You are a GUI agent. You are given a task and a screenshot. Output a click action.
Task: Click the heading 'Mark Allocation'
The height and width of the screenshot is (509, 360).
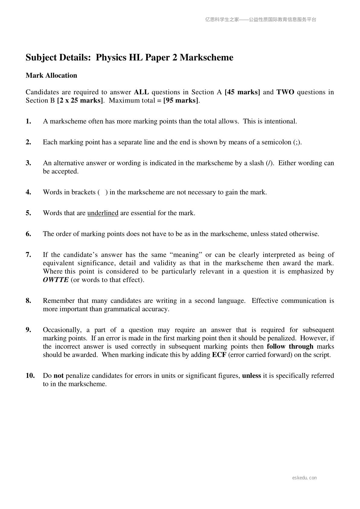51,76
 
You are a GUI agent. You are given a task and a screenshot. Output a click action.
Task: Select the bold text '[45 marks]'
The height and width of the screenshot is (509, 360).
242,92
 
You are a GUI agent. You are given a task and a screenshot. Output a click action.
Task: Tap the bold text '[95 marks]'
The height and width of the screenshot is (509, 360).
181,100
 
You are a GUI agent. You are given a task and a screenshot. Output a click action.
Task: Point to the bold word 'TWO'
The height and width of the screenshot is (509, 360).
285,92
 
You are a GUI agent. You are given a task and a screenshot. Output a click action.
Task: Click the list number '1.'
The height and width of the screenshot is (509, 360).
29,122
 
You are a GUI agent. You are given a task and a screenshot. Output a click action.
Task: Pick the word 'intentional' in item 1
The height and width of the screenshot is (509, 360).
280,122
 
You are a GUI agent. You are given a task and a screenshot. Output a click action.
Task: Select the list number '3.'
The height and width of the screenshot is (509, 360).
29,163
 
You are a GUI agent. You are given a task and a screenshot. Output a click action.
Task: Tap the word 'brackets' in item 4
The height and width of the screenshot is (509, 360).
83,192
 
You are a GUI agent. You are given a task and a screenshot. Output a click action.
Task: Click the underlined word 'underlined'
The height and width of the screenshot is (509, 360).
103,213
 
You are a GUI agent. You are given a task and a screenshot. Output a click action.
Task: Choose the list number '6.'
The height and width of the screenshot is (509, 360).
29,234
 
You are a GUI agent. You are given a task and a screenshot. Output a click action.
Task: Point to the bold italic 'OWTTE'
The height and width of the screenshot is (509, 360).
56,280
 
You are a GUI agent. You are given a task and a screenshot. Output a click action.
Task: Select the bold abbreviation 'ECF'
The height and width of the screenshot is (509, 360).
219,355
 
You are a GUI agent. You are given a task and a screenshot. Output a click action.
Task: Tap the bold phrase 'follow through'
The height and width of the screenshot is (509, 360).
290,347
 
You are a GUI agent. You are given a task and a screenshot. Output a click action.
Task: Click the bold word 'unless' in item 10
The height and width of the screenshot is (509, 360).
251,376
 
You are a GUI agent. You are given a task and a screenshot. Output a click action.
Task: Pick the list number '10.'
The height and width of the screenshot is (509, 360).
30,376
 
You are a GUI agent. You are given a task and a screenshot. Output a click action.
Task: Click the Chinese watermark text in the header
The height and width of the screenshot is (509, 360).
261,20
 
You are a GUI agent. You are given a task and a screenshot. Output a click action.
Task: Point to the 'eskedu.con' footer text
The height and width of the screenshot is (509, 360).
304,478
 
